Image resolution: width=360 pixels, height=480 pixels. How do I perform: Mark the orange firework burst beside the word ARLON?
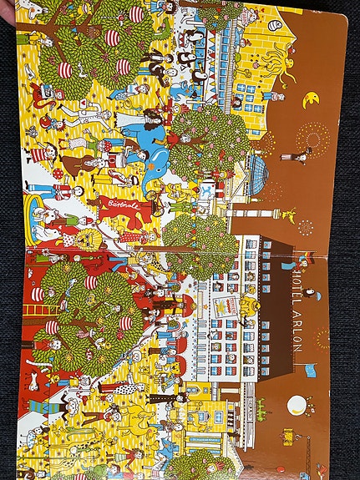click(x=322, y=339)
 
